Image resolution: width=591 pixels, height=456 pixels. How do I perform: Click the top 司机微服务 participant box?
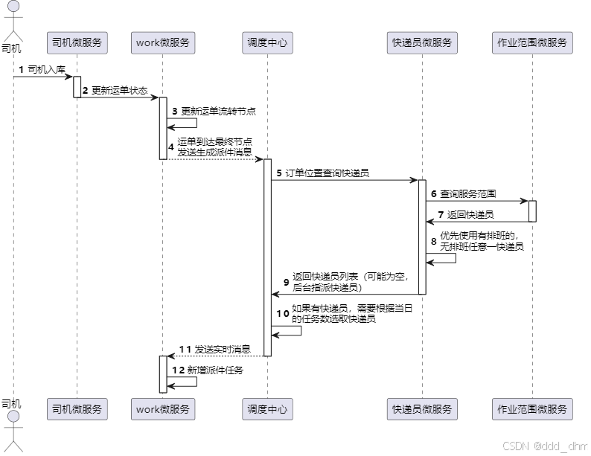click(x=77, y=42)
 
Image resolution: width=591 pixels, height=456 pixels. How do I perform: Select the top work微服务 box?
click(x=163, y=42)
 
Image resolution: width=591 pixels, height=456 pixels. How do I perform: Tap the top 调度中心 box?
click(x=267, y=42)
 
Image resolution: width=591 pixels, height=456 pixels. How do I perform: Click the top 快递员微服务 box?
click(x=422, y=42)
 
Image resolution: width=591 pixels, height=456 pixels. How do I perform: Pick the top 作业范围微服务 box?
click(x=532, y=42)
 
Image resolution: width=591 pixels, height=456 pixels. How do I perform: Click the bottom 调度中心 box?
click(x=267, y=408)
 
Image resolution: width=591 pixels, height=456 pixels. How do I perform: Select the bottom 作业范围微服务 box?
click(x=532, y=408)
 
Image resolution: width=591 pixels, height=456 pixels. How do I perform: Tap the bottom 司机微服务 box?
click(x=77, y=408)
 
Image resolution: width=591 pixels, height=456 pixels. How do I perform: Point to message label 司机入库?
click(x=46, y=69)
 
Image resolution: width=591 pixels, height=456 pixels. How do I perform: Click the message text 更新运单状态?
click(x=119, y=90)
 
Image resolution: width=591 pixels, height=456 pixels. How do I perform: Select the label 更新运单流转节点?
click(x=219, y=111)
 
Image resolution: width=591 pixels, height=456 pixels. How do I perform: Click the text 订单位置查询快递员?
click(x=328, y=173)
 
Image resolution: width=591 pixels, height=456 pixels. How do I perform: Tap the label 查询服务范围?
click(x=468, y=193)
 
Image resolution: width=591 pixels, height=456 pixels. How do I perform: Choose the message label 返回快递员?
click(x=470, y=214)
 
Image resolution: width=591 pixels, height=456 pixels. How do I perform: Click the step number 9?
click(x=287, y=282)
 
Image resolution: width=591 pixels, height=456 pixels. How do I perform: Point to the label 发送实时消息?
click(x=222, y=349)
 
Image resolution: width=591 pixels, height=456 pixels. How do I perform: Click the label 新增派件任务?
click(x=219, y=370)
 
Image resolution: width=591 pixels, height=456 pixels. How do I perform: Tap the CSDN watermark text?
click(x=545, y=446)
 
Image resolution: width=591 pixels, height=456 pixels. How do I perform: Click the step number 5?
click(x=279, y=173)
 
